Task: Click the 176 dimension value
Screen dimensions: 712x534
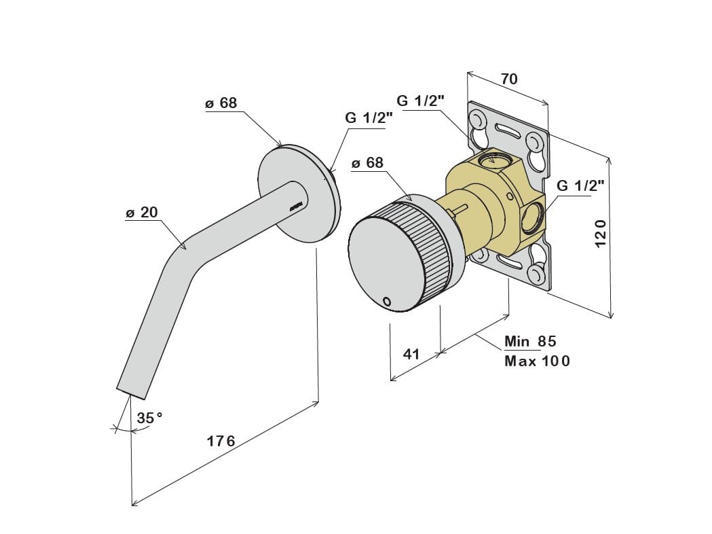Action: pos(221,440)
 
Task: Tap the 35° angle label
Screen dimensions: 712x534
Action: pos(149,417)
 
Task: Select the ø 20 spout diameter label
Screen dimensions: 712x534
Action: pos(142,212)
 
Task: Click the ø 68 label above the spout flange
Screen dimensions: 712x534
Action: pos(221,103)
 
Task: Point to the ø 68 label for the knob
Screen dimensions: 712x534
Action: pos(367,162)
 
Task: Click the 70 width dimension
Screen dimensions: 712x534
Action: pos(509,79)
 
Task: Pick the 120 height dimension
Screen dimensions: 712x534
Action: pos(600,233)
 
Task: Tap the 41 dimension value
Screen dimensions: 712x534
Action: pos(411,353)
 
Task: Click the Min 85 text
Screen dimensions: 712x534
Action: pos(530,341)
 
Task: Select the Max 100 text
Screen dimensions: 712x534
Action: pos(537,361)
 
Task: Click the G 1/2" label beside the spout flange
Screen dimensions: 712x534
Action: pos(369,118)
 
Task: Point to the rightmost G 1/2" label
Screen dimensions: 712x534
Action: pos(580,185)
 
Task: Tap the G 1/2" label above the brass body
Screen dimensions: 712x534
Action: pos(420,101)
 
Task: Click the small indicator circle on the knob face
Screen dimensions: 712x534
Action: pos(387,301)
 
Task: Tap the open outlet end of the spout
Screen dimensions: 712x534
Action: pos(131,393)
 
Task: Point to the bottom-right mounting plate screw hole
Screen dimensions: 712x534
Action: pos(536,274)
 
